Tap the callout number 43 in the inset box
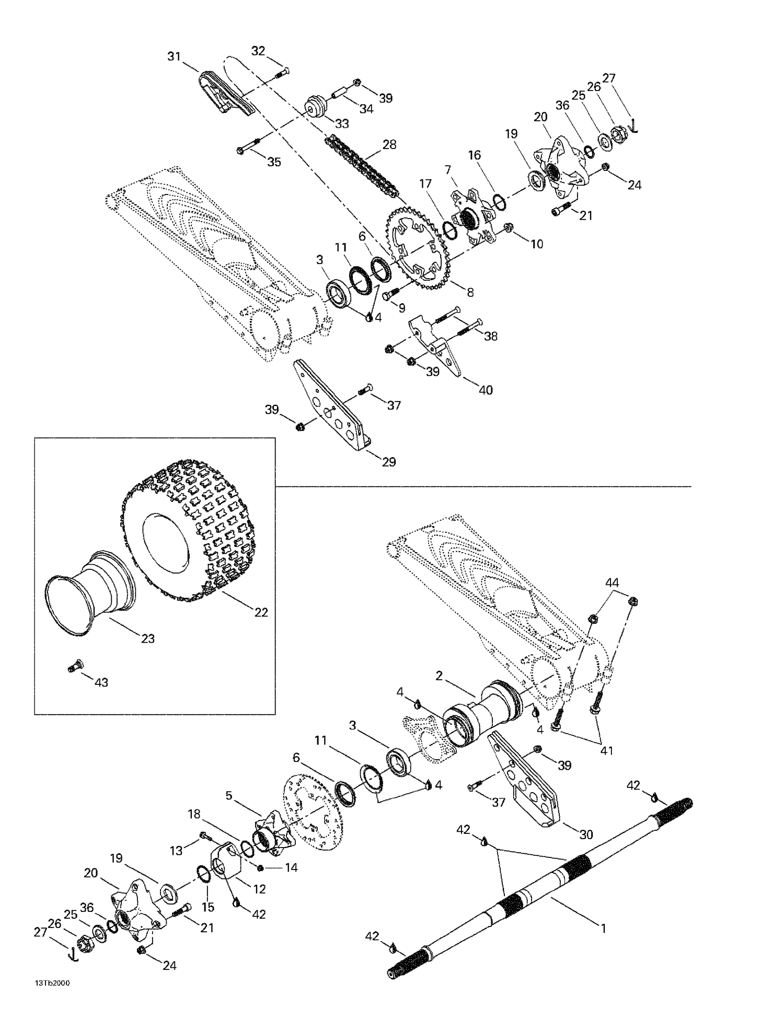pyautogui.click(x=101, y=682)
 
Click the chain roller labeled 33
pyautogui.click(x=316, y=106)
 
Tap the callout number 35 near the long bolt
pyautogui.click(x=274, y=162)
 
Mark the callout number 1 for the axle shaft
pyautogui.click(x=603, y=929)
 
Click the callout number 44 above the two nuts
pyautogui.click(x=612, y=582)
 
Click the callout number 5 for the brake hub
pyautogui.click(x=228, y=796)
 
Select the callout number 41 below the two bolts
pyautogui.click(x=606, y=751)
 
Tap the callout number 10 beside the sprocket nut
pyautogui.click(x=537, y=244)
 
